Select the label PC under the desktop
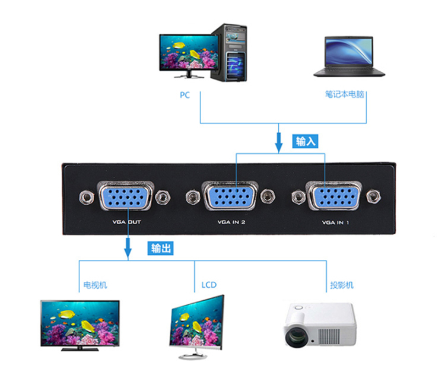click(185, 95)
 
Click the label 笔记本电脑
click(344, 94)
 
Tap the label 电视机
click(96, 285)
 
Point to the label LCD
click(208, 285)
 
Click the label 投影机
click(342, 285)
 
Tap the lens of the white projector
click(295, 336)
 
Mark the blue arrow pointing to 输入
click(279, 142)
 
